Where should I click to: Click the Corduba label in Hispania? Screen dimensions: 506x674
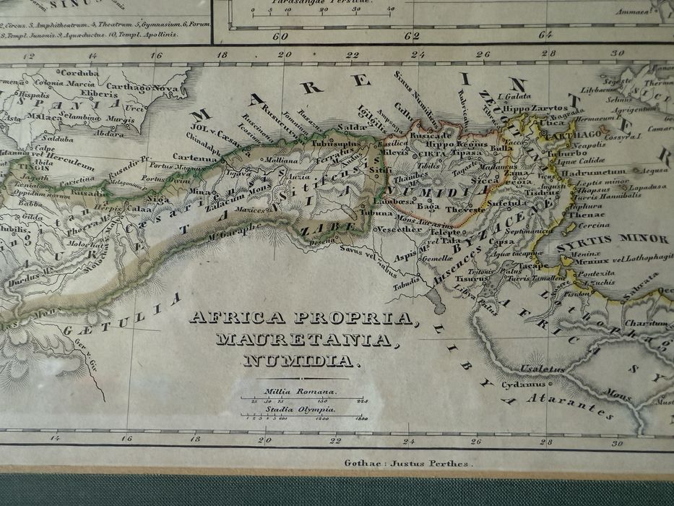[x=79, y=73]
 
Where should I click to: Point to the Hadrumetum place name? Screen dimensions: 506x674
[x=594, y=172]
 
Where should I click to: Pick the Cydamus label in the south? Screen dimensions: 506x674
[x=522, y=385]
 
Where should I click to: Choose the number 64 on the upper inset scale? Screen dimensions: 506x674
[x=545, y=34]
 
